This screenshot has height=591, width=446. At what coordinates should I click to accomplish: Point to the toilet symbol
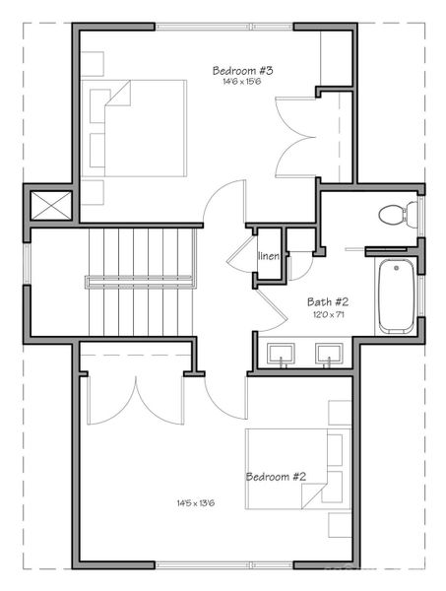pyautogui.click(x=396, y=214)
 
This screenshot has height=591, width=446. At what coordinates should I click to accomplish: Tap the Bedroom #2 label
pyautogui.click(x=276, y=477)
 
